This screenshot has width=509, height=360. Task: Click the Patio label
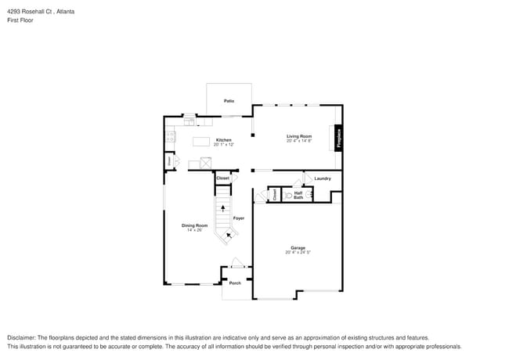229,101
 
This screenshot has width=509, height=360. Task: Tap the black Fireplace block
339,137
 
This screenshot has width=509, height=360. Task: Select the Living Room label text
299,136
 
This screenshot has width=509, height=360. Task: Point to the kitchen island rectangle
203,142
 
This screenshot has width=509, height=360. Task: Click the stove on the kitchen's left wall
169,137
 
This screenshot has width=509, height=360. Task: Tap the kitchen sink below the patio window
190,121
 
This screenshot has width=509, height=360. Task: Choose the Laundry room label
323,178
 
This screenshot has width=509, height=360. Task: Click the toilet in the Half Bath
289,195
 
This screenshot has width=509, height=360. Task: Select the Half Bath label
298,194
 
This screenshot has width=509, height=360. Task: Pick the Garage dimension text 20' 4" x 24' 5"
298,252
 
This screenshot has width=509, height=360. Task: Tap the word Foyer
239,218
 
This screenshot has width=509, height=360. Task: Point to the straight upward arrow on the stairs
224,208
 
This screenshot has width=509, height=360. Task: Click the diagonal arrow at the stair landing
229,233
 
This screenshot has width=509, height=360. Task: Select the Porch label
234,283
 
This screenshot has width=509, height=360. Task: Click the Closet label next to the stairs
223,178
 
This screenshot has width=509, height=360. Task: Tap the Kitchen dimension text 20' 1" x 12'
222,144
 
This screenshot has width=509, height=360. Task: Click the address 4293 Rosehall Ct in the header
31,13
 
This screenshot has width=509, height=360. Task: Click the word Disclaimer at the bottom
21,337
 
